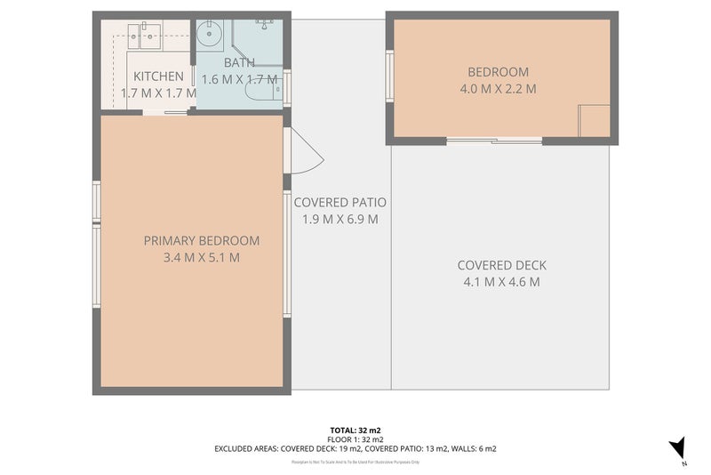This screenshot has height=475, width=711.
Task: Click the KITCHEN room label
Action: (158, 77)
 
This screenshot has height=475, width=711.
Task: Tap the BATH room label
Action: (239, 63)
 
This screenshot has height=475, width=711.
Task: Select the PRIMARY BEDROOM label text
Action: (202, 240)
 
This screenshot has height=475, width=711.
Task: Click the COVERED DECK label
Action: (501, 265)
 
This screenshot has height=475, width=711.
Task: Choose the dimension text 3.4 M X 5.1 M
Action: (202, 258)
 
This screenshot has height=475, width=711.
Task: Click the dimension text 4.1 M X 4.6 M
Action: (501, 282)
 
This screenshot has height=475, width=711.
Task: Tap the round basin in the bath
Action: (211, 37)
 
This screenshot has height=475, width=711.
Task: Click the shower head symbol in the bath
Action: (265, 20)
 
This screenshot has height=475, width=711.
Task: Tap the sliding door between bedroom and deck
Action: (494, 141)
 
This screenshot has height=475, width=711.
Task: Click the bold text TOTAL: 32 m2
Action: (355, 429)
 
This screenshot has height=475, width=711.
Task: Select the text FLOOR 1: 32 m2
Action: (355, 439)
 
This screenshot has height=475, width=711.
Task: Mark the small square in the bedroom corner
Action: (594, 120)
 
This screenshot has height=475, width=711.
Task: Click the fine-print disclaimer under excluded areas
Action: (355, 462)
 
